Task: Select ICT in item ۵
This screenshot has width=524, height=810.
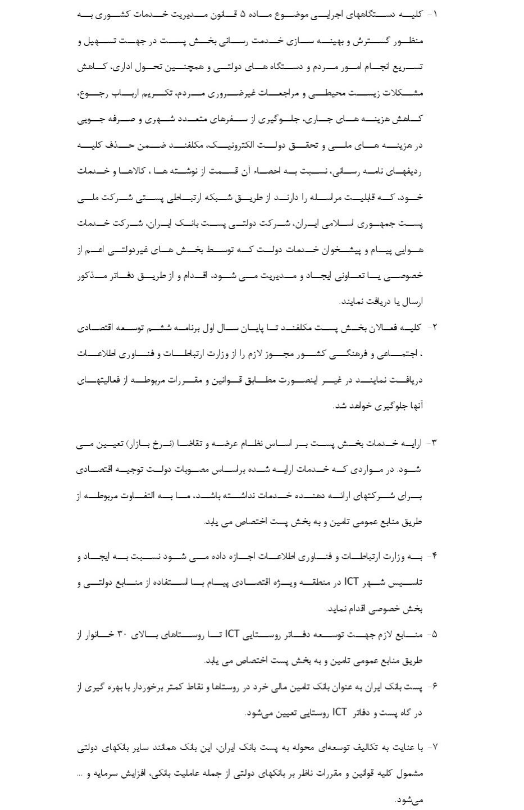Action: tap(233, 635)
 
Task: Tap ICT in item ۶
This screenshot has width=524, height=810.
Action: tap(340, 712)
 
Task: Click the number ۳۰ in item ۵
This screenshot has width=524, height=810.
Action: tap(122, 635)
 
